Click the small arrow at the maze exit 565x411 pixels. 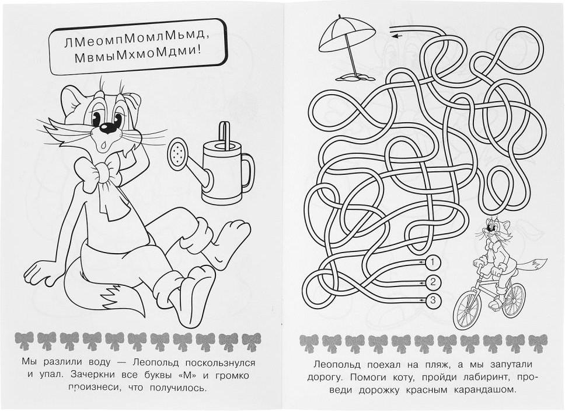point(396,35)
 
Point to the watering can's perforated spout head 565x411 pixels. point(177,153)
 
